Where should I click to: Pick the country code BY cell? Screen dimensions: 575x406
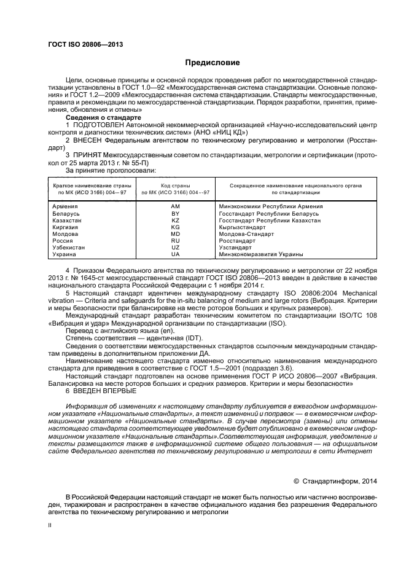[x=175, y=214]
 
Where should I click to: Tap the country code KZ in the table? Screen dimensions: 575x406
[x=175, y=221]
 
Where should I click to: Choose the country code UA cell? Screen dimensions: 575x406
[x=175, y=254]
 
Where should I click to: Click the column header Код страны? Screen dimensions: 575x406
[x=175, y=185]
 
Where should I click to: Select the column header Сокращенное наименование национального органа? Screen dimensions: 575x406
[x=295, y=185]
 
